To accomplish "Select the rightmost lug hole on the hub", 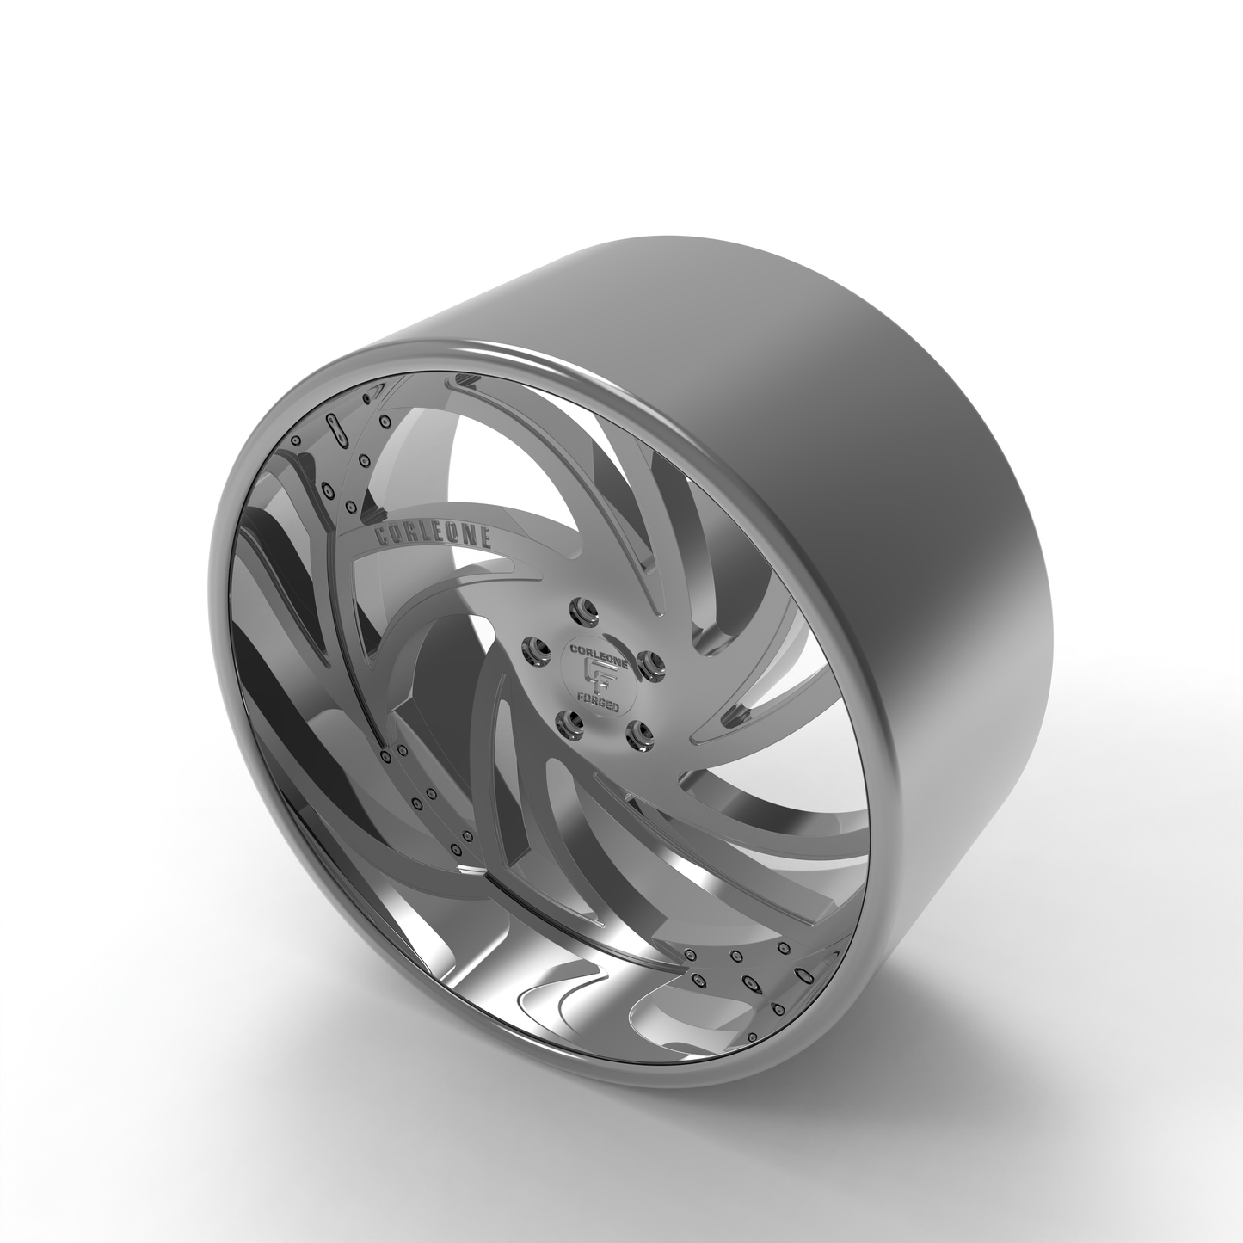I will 658,663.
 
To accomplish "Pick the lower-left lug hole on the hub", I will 566,721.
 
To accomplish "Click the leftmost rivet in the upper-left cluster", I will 295,441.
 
